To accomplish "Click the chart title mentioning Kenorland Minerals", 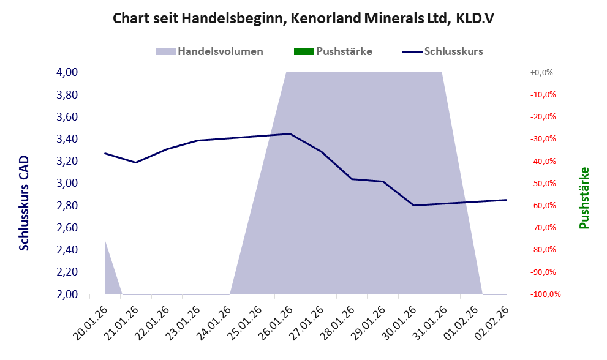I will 303,18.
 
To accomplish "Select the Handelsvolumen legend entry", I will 210,51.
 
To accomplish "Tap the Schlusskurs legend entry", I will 442,51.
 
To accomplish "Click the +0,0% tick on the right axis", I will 541,72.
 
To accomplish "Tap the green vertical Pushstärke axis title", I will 584,198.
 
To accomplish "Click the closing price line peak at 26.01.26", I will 290,133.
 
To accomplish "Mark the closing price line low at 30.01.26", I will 414,205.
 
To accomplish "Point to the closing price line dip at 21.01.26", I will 135,162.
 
